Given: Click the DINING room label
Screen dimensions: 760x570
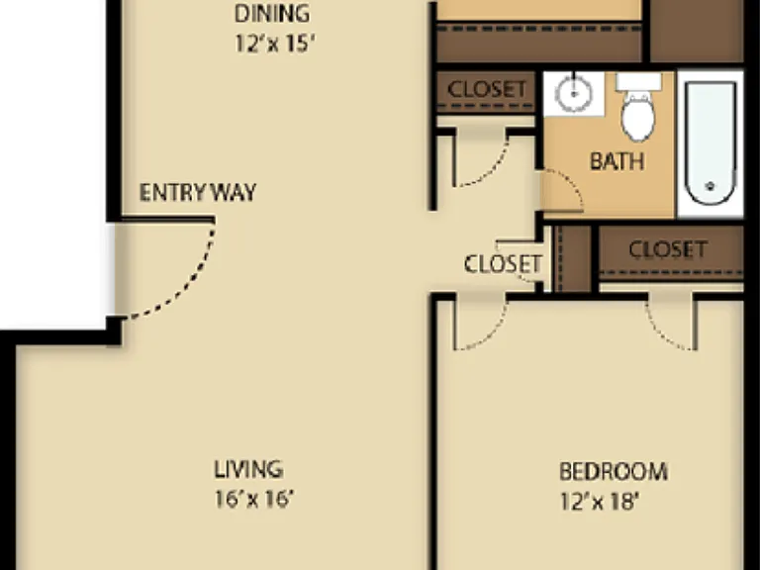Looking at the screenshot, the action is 272,14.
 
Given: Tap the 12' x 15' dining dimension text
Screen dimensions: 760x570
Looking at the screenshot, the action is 275,44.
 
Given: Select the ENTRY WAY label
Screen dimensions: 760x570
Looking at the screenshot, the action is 198,192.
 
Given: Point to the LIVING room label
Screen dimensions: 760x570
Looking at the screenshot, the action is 248,469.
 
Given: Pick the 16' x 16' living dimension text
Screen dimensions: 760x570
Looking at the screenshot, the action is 254,499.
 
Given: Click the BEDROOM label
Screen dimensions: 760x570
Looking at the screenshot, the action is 614,472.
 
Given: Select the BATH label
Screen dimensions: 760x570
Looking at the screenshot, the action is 617,161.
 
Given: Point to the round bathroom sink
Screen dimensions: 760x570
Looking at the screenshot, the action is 573,94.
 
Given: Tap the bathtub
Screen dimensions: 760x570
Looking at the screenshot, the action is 711,143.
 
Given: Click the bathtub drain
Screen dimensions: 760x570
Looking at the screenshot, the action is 712,186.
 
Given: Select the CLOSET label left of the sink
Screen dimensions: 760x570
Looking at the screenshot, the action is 487,89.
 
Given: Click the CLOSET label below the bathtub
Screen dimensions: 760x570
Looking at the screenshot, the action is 668,249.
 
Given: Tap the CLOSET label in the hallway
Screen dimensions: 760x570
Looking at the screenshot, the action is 503,264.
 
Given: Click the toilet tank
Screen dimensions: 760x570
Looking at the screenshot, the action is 639,81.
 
